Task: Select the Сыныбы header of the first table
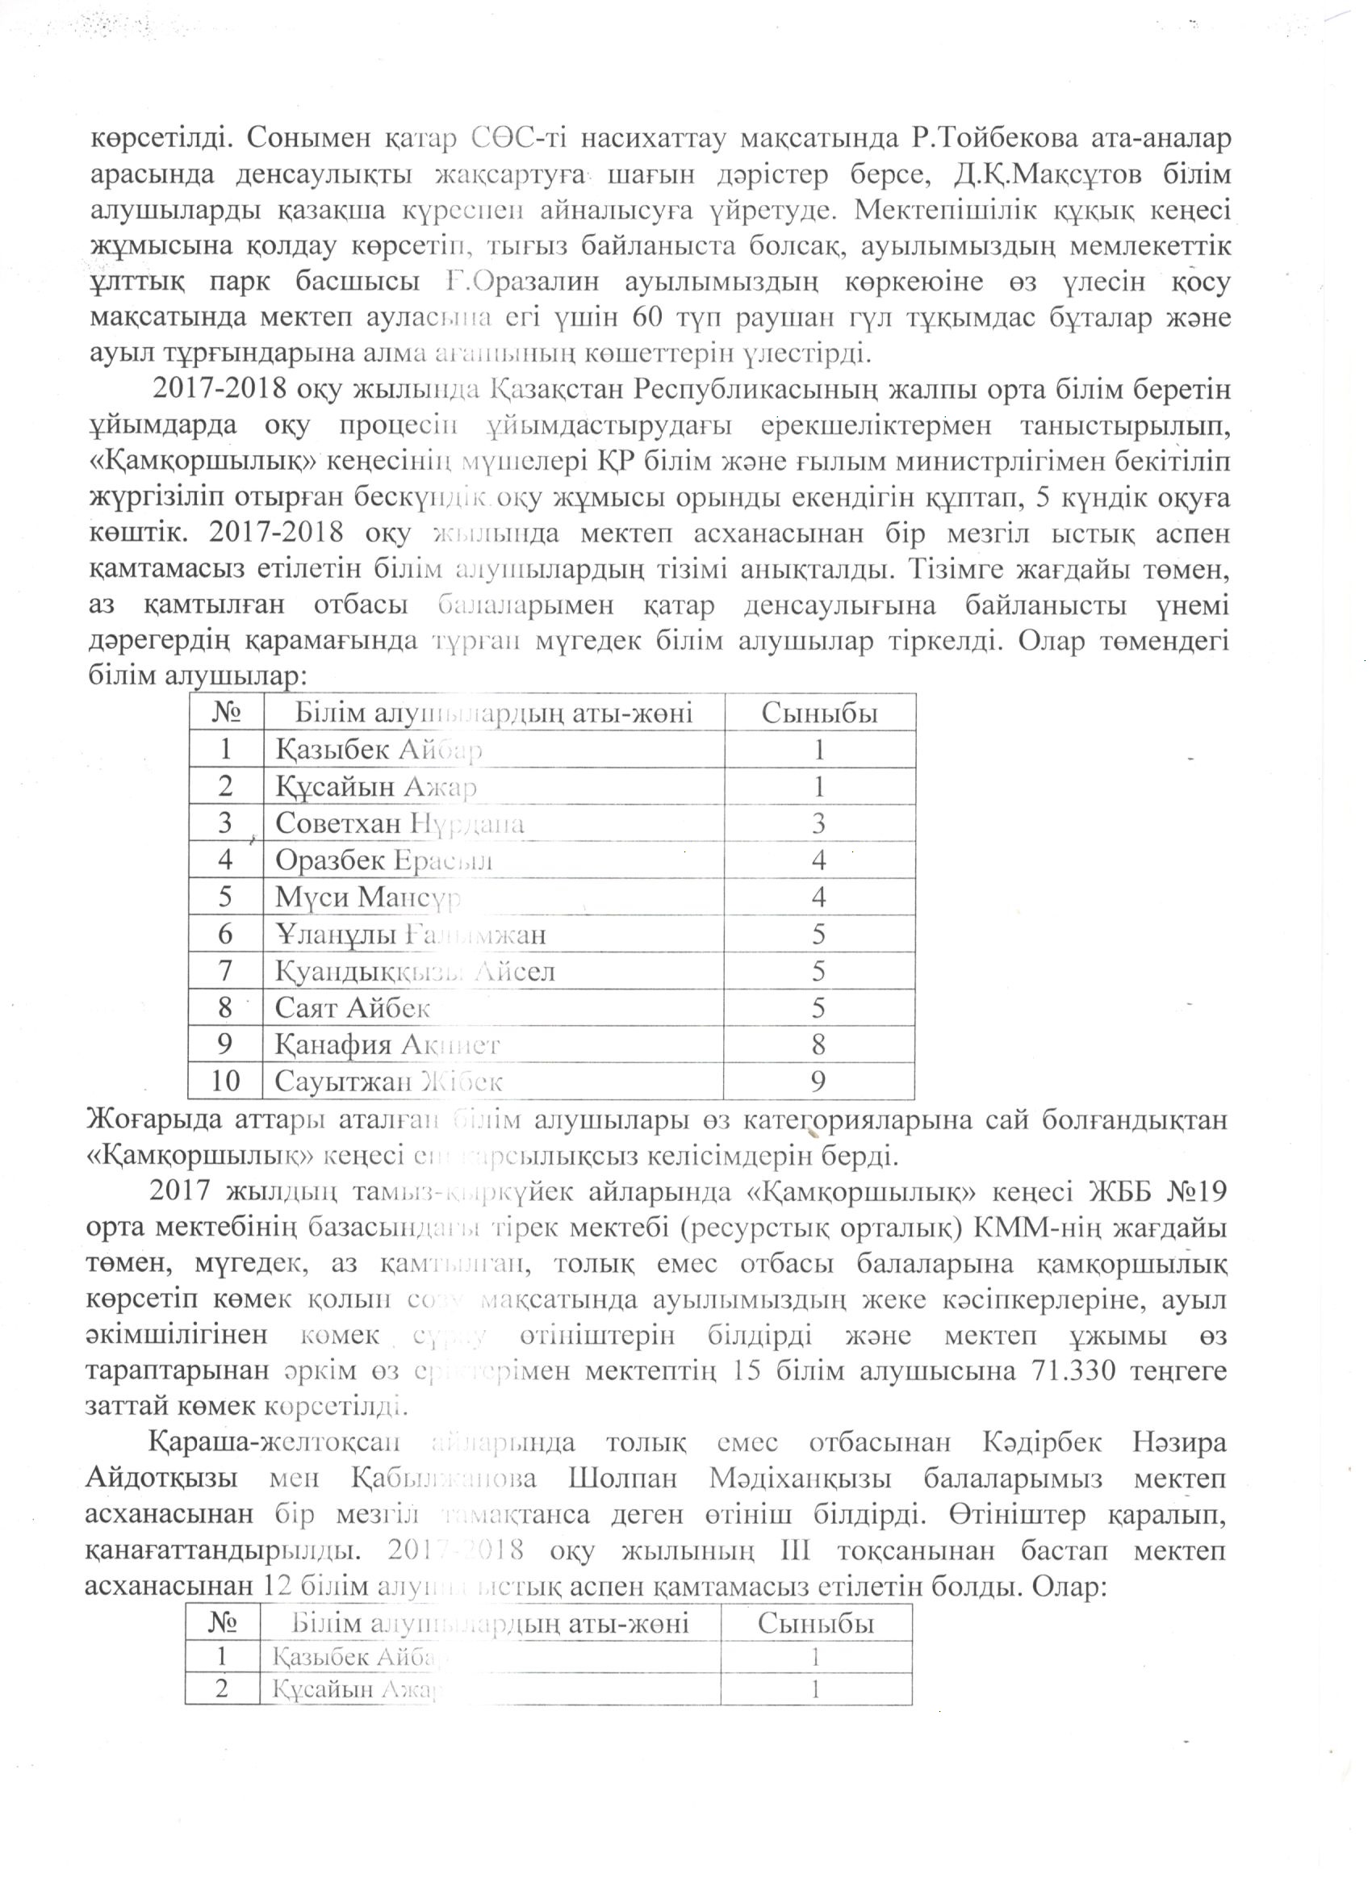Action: (819, 713)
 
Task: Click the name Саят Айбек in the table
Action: (353, 1008)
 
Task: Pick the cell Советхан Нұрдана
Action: (399, 824)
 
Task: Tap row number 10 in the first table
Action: (224, 1081)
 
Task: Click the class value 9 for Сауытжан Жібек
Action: (818, 1081)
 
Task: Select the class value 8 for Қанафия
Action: (818, 1044)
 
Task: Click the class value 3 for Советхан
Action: (818, 824)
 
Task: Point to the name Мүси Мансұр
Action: (368, 897)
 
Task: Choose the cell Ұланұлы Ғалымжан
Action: (410, 935)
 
